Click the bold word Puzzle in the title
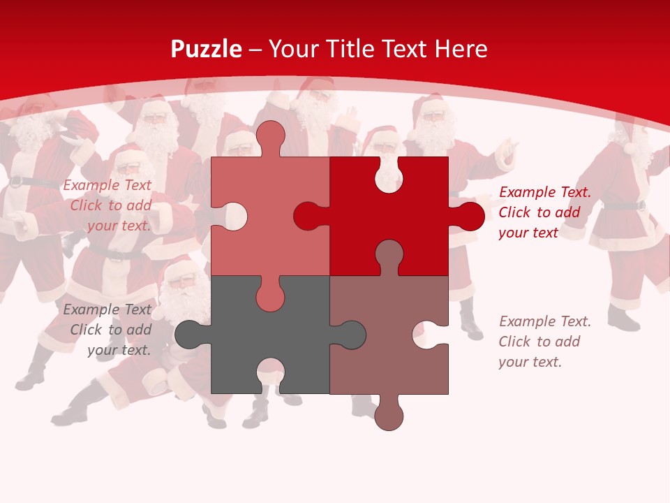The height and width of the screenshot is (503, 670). [207, 49]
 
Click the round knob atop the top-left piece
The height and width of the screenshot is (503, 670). [270, 136]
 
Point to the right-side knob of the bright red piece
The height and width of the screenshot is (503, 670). [470, 217]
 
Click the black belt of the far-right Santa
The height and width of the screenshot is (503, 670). [625, 205]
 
